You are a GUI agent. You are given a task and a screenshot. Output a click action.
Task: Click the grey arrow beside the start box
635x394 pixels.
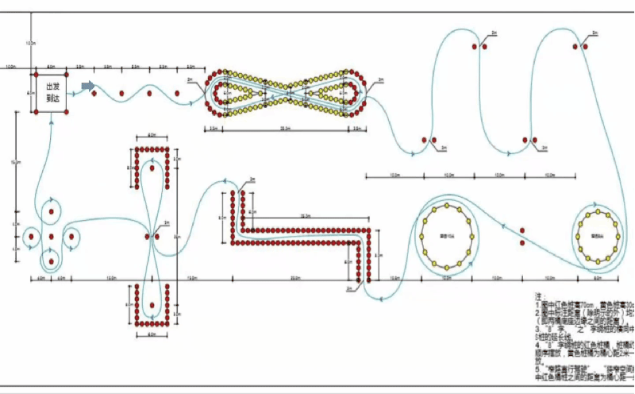[88, 85]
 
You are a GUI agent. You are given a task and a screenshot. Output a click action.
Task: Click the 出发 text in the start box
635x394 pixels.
[53, 86]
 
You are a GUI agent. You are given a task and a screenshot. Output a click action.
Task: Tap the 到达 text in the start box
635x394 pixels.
[53, 99]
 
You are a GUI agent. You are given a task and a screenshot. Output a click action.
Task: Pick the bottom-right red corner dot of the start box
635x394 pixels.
[66, 110]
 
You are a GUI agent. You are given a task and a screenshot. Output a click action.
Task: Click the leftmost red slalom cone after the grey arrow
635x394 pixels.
[94, 93]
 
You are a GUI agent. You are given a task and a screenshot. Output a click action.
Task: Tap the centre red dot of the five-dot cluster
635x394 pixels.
[51, 236]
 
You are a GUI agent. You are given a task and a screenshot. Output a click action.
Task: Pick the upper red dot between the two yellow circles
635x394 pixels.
[522, 230]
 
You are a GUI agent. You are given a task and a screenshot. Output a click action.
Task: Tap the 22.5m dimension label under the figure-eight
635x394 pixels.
[285, 128]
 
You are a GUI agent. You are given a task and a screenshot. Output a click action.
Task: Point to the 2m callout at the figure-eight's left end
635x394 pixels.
[190, 79]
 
